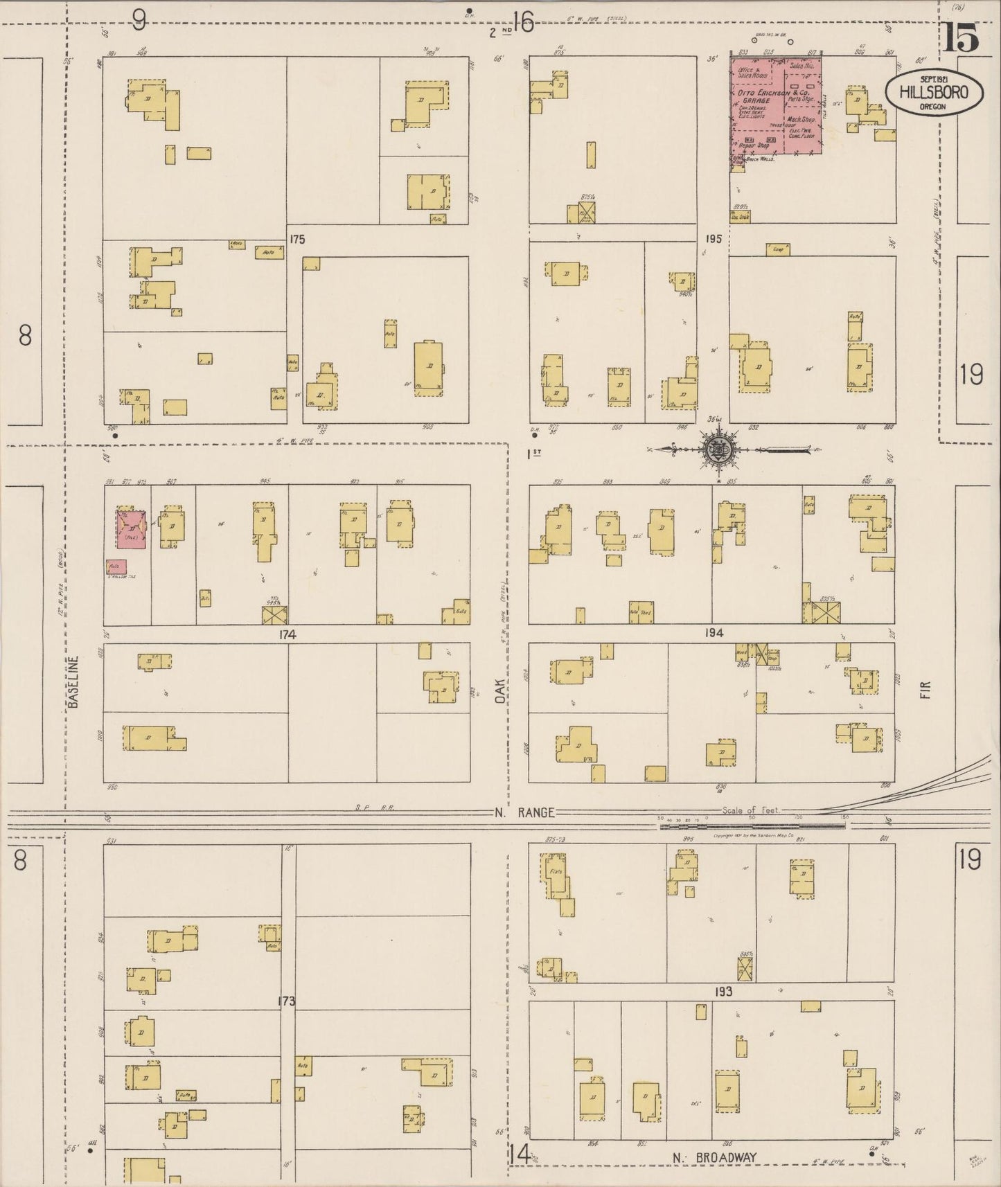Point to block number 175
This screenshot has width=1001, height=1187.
click(297, 240)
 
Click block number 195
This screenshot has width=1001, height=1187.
click(714, 239)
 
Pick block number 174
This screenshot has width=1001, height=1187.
click(287, 634)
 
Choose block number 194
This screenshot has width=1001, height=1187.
click(714, 633)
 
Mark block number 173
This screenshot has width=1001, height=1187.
click(287, 1001)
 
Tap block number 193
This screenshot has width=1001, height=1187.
click(723, 992)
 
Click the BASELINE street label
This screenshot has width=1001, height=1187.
click(74, 681)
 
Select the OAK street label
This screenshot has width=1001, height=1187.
click(500, 690)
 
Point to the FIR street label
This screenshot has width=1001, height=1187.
click(925, 690)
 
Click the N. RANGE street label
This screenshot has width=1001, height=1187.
click(524, 812)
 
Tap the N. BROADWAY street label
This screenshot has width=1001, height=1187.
click(714, 1157)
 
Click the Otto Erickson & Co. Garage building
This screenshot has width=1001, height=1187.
click(777, 107)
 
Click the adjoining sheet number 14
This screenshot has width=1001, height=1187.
click(520, 1154)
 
